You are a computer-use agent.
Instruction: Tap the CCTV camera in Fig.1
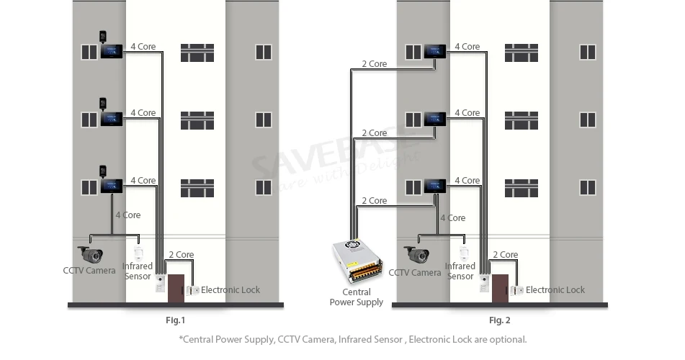point(91,255)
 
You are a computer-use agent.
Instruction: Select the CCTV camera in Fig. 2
point(416,255)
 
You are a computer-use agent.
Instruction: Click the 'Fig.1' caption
point(176,320)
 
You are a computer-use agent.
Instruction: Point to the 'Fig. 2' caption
point(500,320)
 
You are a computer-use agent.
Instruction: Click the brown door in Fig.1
point(176,288)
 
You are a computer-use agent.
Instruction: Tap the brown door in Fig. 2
point(500,288)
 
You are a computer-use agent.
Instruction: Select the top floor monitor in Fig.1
point(112,52)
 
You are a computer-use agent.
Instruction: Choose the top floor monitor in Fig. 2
point(435,52)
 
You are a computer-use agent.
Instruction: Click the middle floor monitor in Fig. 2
point(435,119)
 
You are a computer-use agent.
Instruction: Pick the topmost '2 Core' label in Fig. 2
point(375,64)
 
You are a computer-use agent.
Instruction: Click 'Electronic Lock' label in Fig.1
point(230,289)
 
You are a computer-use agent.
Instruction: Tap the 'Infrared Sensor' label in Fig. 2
point(460,271)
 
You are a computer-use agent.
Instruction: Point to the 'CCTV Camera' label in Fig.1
point(89,271)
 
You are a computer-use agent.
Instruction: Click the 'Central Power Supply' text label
point(357,297)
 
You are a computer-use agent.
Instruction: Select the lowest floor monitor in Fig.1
point(112,186)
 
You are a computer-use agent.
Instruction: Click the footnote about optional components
point(353,339)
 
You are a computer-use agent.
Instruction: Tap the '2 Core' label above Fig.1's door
point(182,255)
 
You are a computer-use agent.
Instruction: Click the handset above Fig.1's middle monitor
point(103,104)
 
